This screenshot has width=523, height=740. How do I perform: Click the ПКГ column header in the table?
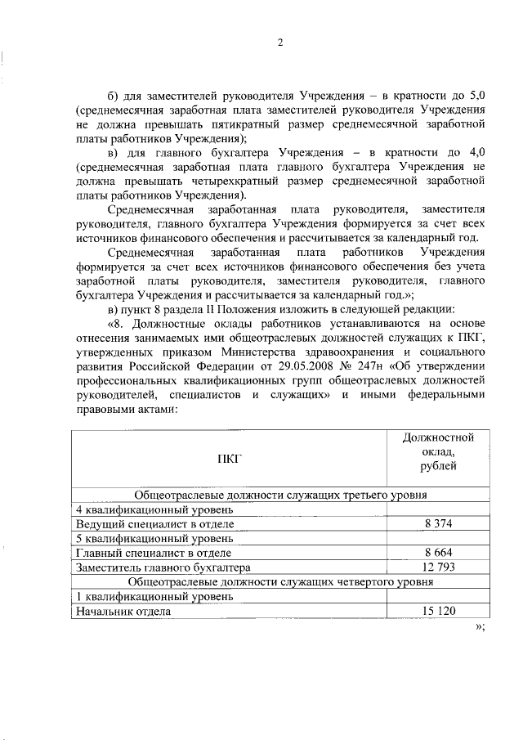tap(230, 459)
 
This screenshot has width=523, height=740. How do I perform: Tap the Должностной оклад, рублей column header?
tap(439, 451)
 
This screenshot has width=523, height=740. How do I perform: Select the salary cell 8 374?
tap(439, 523)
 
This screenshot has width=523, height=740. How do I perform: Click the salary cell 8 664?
tap(439, 553)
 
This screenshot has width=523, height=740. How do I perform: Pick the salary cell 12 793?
tap(439, 567)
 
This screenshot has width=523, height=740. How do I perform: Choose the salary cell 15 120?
tap(439, 611)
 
